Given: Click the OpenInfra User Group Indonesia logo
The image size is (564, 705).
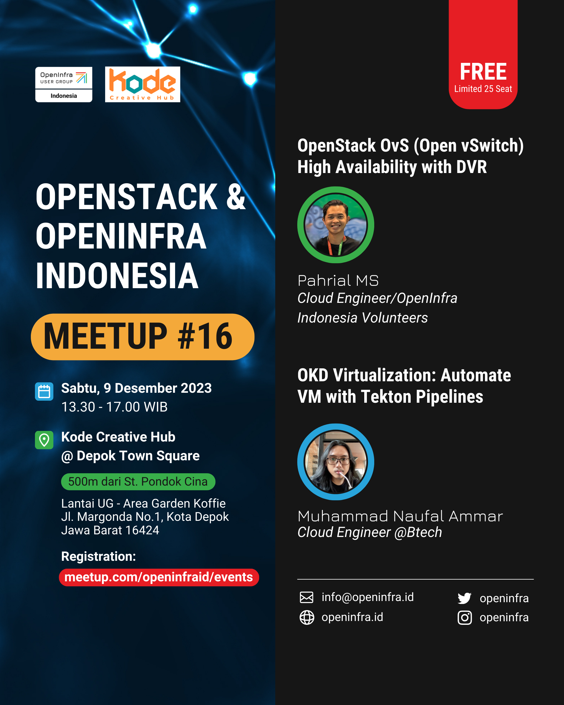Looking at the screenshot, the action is pyautogui.click(x=64, y=84).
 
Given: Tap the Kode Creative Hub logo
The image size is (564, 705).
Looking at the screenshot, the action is pyautogui.click(x=142, y=84).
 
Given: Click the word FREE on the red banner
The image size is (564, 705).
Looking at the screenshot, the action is pyautogui.click(x=483, y=72).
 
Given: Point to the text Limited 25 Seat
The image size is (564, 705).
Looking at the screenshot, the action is pyautogui.click(x=483, y=89).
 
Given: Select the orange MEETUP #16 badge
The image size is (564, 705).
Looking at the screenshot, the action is pyautogui.click(x=142, y=337).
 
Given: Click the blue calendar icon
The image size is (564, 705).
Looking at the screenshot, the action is pyautogui.click(x=44, y=391).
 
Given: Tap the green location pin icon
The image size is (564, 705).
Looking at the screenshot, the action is pyautogui.click(x=44, y=440).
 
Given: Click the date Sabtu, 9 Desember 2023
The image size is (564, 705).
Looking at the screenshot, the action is pyautogui.click(x=136, y=388).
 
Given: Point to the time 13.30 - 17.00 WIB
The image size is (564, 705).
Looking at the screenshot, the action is pyautogui.click(x=115, y=407).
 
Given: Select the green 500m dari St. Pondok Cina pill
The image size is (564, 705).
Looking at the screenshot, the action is pyautogui.click(x=138, y=482).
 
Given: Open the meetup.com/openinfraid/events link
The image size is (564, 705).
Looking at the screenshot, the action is pyautogui.click(x=159, y=577).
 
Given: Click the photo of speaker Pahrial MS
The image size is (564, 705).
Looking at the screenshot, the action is pyautogui.click(x=336, y=225).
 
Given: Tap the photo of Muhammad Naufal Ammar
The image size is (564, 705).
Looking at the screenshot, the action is pyautogui.click(x=336, y=462).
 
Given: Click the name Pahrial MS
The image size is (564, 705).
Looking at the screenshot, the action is pyautogui.click(x=338, y=281).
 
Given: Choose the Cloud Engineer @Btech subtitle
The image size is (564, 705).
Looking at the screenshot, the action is pyautogui.click(x=370, y=532).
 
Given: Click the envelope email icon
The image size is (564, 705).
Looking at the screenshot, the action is pyautogui.click(x=307, y=597).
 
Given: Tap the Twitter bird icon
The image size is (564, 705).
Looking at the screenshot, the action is pyautogui.click(x=465, y=598).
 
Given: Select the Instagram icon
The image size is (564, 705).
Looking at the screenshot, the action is pyautogui.click(x=465, y=618).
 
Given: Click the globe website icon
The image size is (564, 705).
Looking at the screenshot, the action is pyautogui.click(x=307, y=617).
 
